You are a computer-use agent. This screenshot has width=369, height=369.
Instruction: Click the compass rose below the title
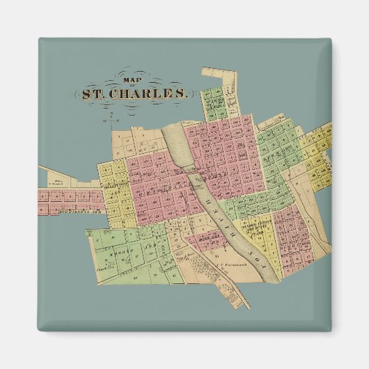pyautogui.click(x=105, y=117)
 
